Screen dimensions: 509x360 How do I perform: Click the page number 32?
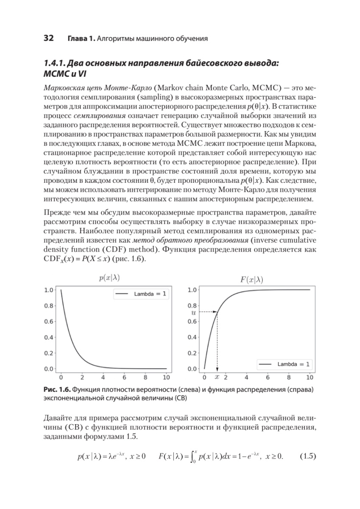click(x=48, y=39)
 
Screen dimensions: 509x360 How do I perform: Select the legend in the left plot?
click(x=140, y=295)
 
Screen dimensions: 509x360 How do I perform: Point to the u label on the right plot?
click(x=194, y=312)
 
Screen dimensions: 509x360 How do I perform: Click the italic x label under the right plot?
click(x=217, y=377)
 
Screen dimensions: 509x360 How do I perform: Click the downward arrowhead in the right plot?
click(x=217, y=369)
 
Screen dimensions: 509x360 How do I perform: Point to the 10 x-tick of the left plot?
click(x=167, y=377)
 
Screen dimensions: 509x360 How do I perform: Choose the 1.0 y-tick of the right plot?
click(x=192, y=290)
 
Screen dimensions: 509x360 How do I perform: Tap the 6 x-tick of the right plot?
click(x=268, y=377)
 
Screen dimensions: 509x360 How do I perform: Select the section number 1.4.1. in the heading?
click(x=58, y=64)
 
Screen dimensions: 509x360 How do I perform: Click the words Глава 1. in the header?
click(x=81, y=39)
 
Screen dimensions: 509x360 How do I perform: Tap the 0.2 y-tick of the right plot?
click(x=192, y=353)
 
